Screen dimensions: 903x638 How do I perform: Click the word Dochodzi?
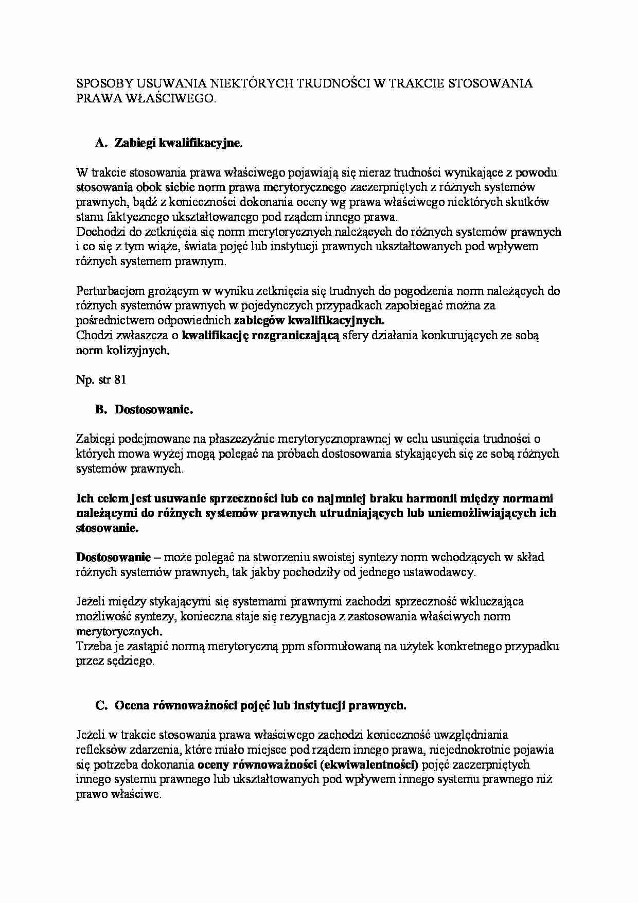[98, 232]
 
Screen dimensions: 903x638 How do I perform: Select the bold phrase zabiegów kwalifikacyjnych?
[309, 320]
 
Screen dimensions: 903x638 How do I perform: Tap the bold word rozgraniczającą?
[295, 336]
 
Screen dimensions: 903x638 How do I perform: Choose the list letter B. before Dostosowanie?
[101, 410]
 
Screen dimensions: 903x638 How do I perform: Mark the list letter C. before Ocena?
[101, 705]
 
